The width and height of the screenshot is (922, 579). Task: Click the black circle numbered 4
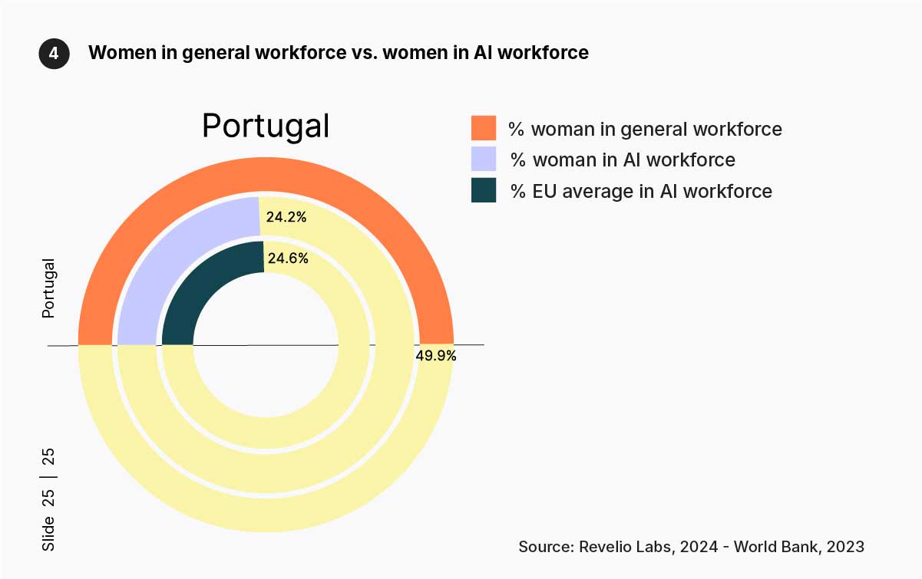pos(54,54)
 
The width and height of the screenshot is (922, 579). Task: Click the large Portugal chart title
pos(266,126)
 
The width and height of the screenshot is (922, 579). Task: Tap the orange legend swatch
pos(484,128)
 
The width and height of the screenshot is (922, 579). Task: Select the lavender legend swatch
pos(484,159)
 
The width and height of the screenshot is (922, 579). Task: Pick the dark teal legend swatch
pos(484,190)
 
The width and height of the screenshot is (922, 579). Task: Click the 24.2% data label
pos(286,217)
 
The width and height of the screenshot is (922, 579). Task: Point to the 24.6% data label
pos(289,258)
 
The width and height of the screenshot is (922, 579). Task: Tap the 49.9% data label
pos(436,356)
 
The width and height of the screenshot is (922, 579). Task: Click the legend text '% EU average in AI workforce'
pos(641,191)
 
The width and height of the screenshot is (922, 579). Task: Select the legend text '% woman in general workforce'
pos(645,129)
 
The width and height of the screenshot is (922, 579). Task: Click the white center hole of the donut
pos(266,345)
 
